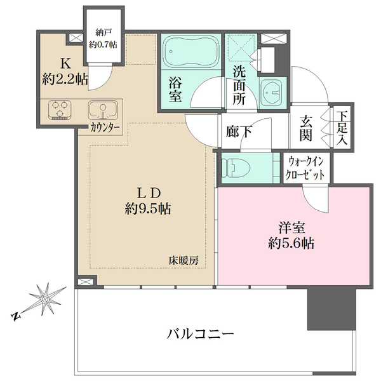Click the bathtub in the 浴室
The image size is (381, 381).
click(x=190, y=52)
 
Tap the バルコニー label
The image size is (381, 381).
click(x=201, y=333)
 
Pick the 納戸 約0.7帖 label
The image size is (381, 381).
click(x=104, y=38)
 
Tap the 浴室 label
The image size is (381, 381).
click(x=177, y=89)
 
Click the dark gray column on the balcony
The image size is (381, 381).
click(x=324, y=310)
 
